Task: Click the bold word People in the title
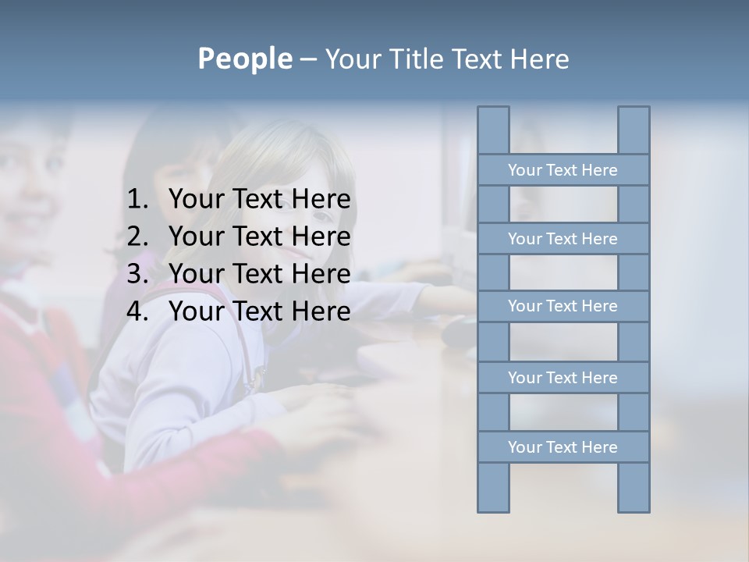tap(244, 59)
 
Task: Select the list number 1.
tap(137, 200)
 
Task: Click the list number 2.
tap(137, 237)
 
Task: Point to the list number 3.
tap(137, 274)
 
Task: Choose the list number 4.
tap(137, 311)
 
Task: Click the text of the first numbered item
tap(259, 200)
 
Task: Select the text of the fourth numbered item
tap(259, 311)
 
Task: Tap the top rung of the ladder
tap(563, 170)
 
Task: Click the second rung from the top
tap(563, 239)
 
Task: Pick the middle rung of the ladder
tap(563, 306)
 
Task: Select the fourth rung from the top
tap(563, 378)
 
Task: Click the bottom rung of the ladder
tap(563, 447)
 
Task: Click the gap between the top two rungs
tap(563, 205)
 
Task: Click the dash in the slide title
tap(307, 59)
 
